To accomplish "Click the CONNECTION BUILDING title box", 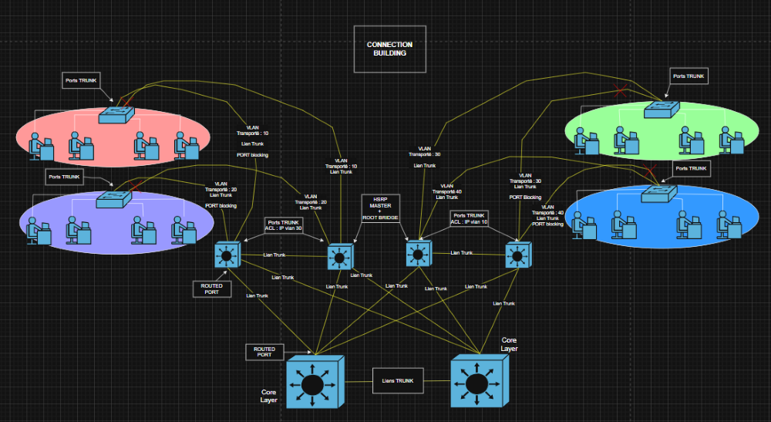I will pyautogui.click(x=389, y=49).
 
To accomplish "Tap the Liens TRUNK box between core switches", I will pyautogui.click(x=399, y=380).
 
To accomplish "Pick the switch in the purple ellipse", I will pyautogui.click(x=113, y=199).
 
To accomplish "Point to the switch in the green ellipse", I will pyautogui.click(x=662, y=109).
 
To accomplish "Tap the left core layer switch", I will pyautogui.click(x=313, y=383).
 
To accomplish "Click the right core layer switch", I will pyautogui.click(x=480, y=381).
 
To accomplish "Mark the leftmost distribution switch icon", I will pyautogui.click(x=227, y=255).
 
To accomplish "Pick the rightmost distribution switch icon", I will pyautogui.click(x=516, y=254).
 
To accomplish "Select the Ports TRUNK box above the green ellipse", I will pyautogui.click(x=689, y=76).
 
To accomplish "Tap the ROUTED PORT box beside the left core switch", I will pyautogui.click(x=264, y=352).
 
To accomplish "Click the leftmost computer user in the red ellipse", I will pyautogui.click(x=39, y=144).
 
